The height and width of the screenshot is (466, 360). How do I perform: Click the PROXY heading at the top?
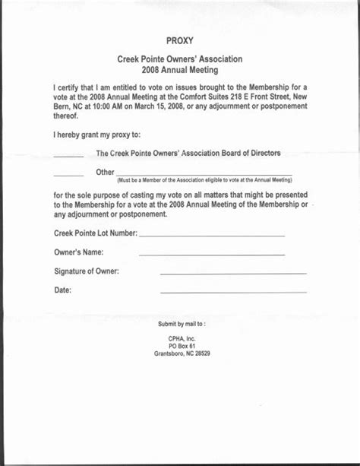[x=179, y=40]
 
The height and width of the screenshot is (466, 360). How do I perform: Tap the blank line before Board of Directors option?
[x=68, y=157]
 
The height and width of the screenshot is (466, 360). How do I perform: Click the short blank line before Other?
[x=68, y=176]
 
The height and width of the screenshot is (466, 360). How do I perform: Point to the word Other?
[x=105, y=172]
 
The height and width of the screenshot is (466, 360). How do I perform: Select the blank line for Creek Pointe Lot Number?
[x=212, y=236]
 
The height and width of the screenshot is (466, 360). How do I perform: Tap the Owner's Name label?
[x=79, y=252]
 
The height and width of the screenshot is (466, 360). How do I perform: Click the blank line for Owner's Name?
[x=212, y=255]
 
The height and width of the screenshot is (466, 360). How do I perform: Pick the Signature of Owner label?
[x=87, y=271]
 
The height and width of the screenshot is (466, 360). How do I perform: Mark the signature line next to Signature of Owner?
[x=233, y=274]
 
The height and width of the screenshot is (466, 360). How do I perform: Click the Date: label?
[x=63, y=290]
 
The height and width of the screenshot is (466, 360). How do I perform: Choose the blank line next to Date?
[x=233, y=293]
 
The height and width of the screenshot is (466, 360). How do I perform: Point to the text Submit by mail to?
[x=182, y=324]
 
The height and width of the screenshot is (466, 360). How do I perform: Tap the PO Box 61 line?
[x=182, y=345]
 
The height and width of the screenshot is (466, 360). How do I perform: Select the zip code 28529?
[x=201, y=353]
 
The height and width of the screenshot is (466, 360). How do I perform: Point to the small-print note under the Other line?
[x=204, y=180]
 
